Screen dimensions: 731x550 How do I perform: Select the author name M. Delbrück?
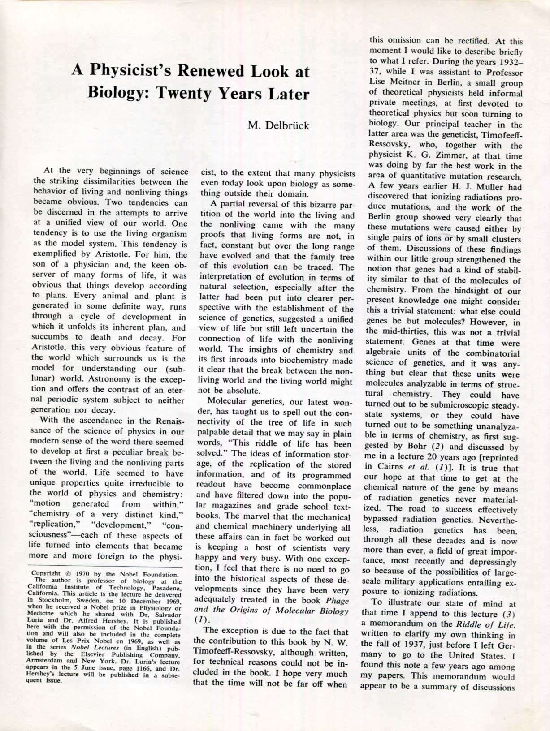tap(278, 125)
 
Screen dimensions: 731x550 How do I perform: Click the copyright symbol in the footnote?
tap(68, 574)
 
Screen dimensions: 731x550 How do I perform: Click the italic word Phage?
tap(337, 600)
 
